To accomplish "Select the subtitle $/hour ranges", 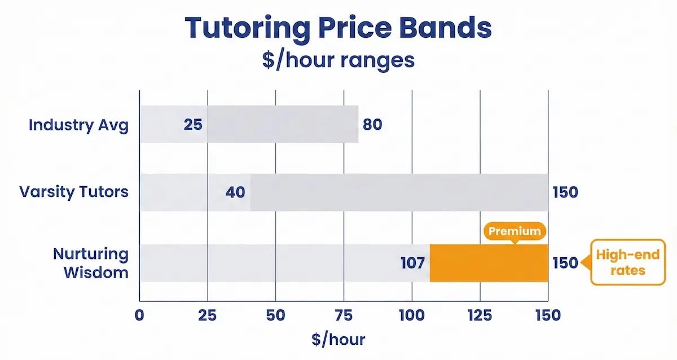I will pos(338,60).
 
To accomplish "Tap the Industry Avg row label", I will pos(78,125).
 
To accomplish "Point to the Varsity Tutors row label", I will pos(74,192).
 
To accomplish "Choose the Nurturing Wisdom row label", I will pos(91,263).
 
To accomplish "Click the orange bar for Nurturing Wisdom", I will pos(489,263).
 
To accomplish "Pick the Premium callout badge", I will pos(515,231).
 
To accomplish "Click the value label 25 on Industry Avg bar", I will pos(192,125).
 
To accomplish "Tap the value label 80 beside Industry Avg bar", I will pos(372,125).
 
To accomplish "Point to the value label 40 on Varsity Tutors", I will pos(235,192).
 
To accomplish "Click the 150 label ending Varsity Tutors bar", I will pos(565,192).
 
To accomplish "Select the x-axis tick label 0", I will pos(139,315).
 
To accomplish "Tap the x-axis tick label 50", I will pos(276,315).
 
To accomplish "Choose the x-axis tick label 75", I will pos(344,315).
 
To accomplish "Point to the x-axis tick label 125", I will pos(480,315).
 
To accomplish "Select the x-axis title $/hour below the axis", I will pos(338,340).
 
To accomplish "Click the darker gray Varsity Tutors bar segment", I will pos(399,192).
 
